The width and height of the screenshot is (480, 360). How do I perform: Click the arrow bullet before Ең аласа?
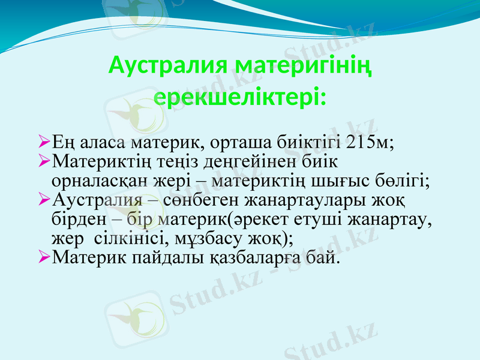pyautogui.click(x=43, y=143)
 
